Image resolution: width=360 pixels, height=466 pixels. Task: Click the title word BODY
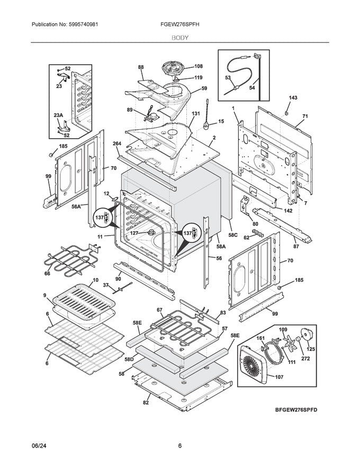pos(179,38)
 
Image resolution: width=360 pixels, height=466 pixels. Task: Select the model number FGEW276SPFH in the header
pos(179,25)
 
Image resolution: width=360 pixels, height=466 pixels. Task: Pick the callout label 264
pos(117,143)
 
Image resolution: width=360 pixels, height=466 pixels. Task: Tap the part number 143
pos(293,98)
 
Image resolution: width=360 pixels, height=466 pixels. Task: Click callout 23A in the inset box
pos(58,115)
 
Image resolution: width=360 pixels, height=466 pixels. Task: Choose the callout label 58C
pos(233,235)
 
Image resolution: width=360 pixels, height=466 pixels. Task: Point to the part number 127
pos(134,233)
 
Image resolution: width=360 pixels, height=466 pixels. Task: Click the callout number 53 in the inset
pos(228,78)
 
